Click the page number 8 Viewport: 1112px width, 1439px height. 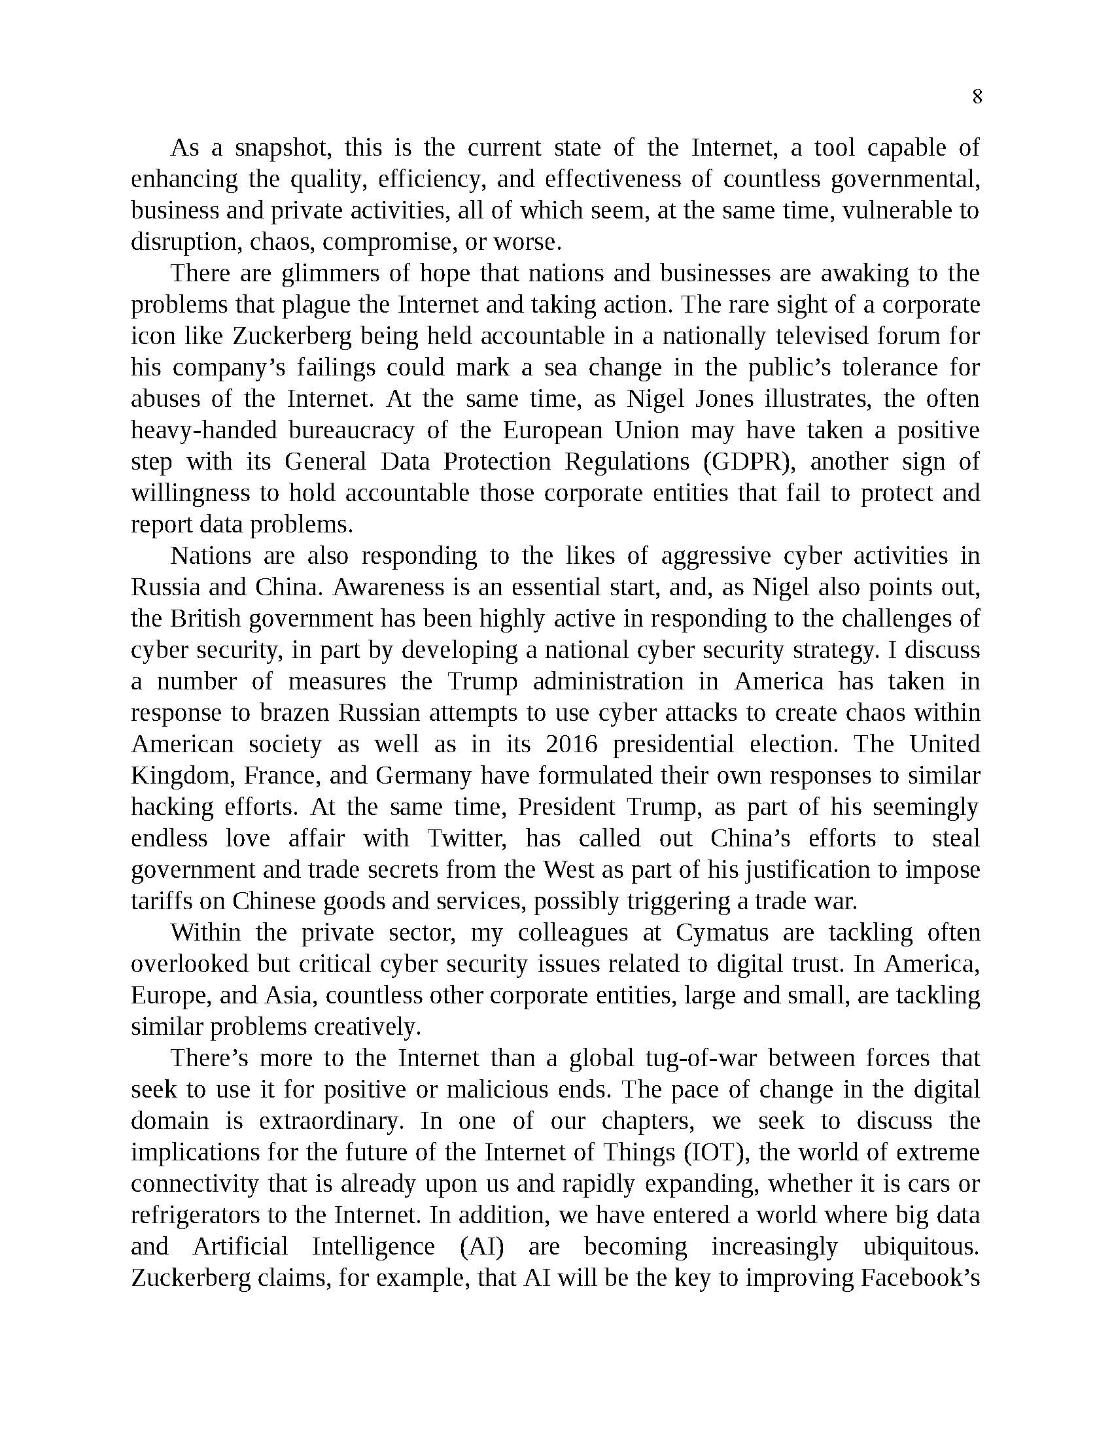977,97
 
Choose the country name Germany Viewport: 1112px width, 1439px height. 423,776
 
